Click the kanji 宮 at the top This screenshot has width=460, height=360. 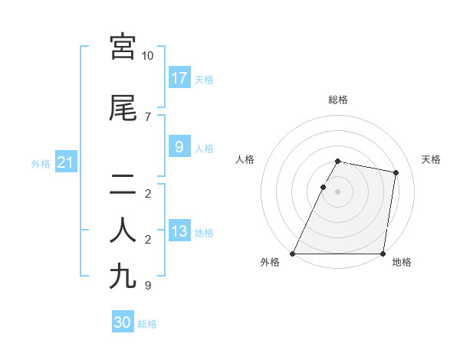(x=123, y=47)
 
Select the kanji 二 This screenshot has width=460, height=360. (x=123, y=184)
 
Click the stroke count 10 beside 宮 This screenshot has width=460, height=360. (x=147, y=56)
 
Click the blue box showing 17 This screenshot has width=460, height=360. (x=179, y=77)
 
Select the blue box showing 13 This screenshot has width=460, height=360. (x=179, y=231)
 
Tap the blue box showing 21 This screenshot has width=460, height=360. (x=66, y=162)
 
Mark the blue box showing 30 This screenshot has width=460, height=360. (x=123, y=322)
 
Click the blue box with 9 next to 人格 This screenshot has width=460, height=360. (x=179, y=147)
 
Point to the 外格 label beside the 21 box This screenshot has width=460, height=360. (x=41, y=163)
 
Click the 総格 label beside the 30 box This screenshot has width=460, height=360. (x=147, y=324)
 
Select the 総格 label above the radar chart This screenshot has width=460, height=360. (x=337, y=100)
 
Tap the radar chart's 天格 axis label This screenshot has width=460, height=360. (x=432, y=159)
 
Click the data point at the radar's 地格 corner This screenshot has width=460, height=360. (x=383, y=254)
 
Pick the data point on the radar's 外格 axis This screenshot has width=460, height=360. (x=293, y=254)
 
